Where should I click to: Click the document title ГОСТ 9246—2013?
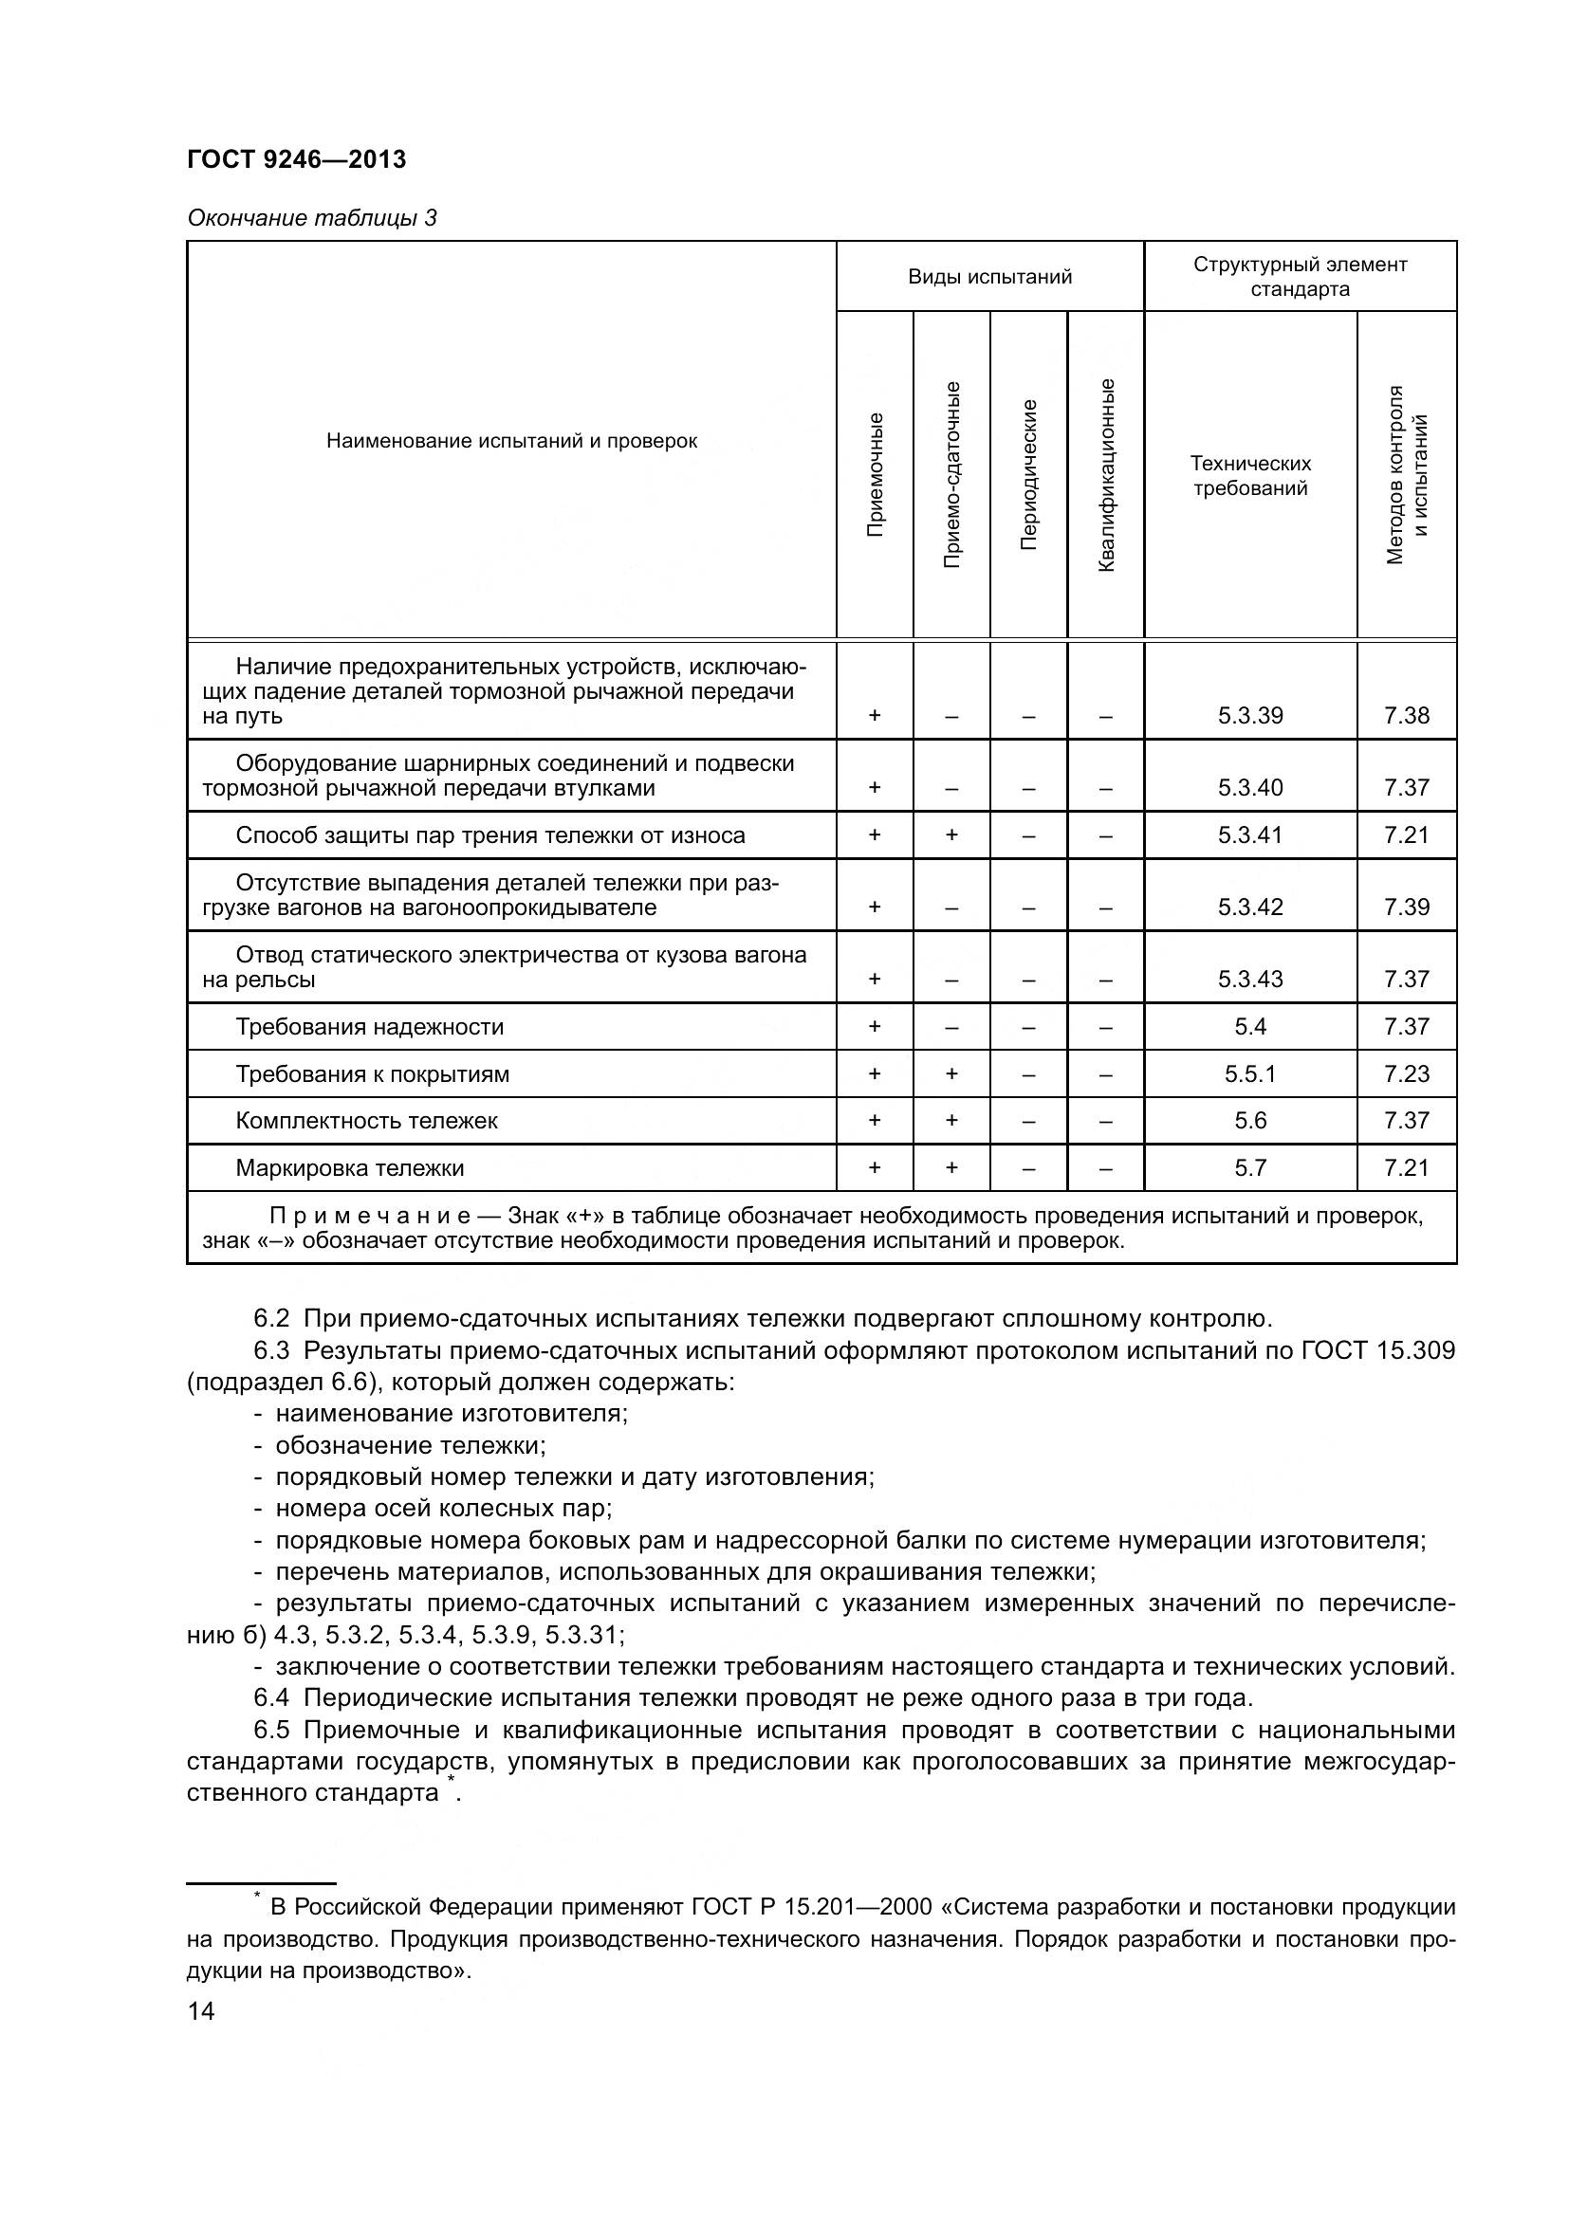tap(297, 159)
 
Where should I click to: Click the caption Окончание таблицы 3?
tap(311, 218)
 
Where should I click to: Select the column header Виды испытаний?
tap(989, 277)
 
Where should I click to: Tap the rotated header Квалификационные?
tap(1106, 474)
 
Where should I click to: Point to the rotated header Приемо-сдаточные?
tap(951, 474)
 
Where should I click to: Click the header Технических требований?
tap(1250, 475)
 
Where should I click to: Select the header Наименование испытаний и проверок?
tap(511, 442)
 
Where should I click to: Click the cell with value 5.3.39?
tap(1250, 716)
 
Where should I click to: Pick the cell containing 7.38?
tap(1406, 716)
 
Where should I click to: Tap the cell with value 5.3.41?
tap(1250, 834)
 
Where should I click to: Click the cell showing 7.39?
tap(1406, 907)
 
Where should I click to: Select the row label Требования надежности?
tap(369, 1026)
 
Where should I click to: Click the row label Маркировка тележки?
tap(350, 1168)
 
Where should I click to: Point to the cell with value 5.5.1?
tap(1250, 1073)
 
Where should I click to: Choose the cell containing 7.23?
tap(1406, 1073)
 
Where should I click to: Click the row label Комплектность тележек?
tap(366, 1121)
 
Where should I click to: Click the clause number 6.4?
tap(271, 1697)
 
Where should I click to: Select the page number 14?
tap(201, 2011)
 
